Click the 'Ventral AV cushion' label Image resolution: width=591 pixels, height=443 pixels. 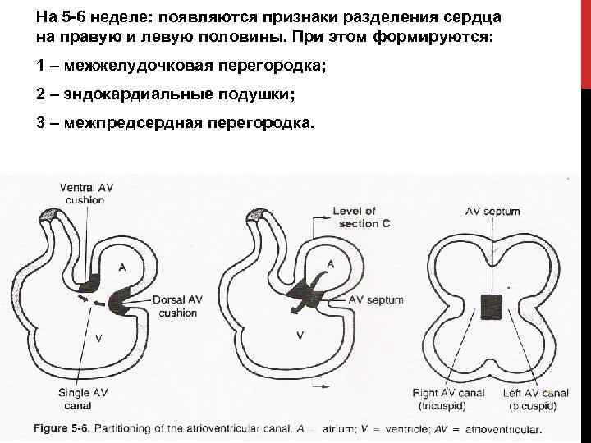(x=86, y=194)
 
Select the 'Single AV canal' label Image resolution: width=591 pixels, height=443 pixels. (x=85, y=399)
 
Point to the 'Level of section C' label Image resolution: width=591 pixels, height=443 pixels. (x=355, y=217)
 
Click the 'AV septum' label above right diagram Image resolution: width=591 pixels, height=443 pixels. (x=492, y=212)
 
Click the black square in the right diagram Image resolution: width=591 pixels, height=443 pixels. (x=492, y=305)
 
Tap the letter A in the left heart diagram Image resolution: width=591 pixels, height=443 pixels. (x=122, y=267)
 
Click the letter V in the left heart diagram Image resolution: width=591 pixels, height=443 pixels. (x=99, y=337)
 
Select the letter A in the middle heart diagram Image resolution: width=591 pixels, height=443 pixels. (x=330, y=263)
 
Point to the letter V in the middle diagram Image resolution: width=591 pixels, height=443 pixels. (x=300, y=335)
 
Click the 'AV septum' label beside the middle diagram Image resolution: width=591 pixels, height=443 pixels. (x=376, y=300)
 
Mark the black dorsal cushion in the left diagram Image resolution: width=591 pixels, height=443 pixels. (x=119, y=299)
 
